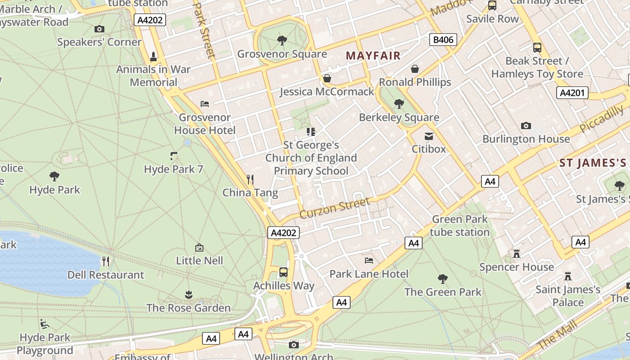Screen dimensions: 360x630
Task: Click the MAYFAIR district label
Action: pyautogui.click(x=373, y=56)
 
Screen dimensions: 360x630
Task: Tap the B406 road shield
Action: pyautogui.click(x=443, y=40)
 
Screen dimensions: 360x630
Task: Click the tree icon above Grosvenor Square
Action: pyautogui.click(x=282, y=41)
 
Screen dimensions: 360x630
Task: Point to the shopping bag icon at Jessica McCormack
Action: pyautogui.click(x=327, y=78)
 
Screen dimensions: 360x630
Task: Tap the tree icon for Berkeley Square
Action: pyautogui.click(x=399, y=104)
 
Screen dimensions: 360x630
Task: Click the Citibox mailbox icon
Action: pyautogui.click(x=429, y=136)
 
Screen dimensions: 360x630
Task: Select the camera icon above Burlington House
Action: pyautogui.click(x=526, y=126)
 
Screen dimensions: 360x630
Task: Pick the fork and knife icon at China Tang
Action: pyautogui.click(x=250, y=180)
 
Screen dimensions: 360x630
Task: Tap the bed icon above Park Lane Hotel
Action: pyautogui.click(x=369, y=261)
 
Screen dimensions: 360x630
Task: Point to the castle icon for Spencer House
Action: pyautogui.click(x=517, y=254)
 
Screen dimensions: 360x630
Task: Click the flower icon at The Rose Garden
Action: pyautogui.click(x=189, y=295)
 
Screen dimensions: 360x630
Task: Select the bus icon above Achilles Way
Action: pyautogui.click(x=283, y=272)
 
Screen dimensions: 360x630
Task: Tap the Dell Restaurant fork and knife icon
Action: pyautogui.click(x=106, y=261)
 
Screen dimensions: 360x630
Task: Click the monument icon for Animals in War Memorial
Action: pyautogui.click(x=153, y=56)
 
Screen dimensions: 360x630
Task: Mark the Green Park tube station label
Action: pyautogui.click(x=459, y=225)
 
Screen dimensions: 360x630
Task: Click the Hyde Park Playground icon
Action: pyautogui.click(x=45, y=324)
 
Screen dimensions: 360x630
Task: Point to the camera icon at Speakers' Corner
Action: pyautogui.click(x=99, y=29)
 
